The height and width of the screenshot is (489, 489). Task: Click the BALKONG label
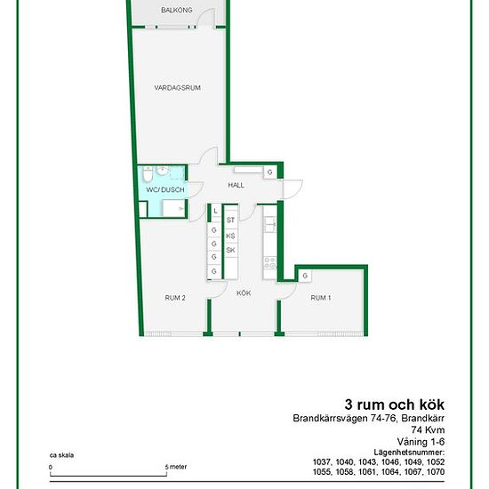pyautogui.click(x=177, y=10)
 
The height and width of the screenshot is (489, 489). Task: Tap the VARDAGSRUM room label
pyautogui.click(x=177, y=88)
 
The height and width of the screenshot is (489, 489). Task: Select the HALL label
pyautogui.click(x=236, y=185)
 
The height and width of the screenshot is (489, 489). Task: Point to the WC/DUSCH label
pyautogui.click(x=165, y=189)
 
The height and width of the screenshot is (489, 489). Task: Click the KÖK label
pyautogui.click(x=244, y=293)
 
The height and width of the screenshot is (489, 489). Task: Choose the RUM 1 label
pyautogui.click(x=321, y=298)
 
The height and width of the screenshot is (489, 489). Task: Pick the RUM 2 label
pyautogui.click(x=175, y=298)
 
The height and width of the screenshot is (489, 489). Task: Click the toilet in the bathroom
pyautogui.click(x=148, y=173)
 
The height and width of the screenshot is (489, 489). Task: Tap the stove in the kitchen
pyautogui.click(x=269, y=262)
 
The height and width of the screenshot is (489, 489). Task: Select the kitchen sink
pyautogui.click(x=269, y=223)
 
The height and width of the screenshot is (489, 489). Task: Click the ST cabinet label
pyautogui.click(x=230, y=220)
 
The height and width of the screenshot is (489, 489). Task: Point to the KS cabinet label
pyautogui.click(x=230, y=236)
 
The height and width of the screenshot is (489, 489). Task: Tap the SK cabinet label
pyautogui.click(x=230, y=250)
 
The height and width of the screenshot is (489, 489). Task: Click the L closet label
pyautogui.click(x=215, y=211)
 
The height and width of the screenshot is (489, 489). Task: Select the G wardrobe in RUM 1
pyautogui.click(x=305, y=276)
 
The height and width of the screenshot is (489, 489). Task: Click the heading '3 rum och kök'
pyautogui.click(x=395, y=405)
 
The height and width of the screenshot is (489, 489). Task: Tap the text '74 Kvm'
pyautogui.click(x=428, y=429)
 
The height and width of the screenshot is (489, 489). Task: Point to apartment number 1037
pyautogui.click(x=322, y=461)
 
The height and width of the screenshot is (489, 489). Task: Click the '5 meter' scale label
pyautogui.click(x=176, y=467)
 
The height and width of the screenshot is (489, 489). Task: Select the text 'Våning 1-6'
pyautogui.click(x=421, y=442)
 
